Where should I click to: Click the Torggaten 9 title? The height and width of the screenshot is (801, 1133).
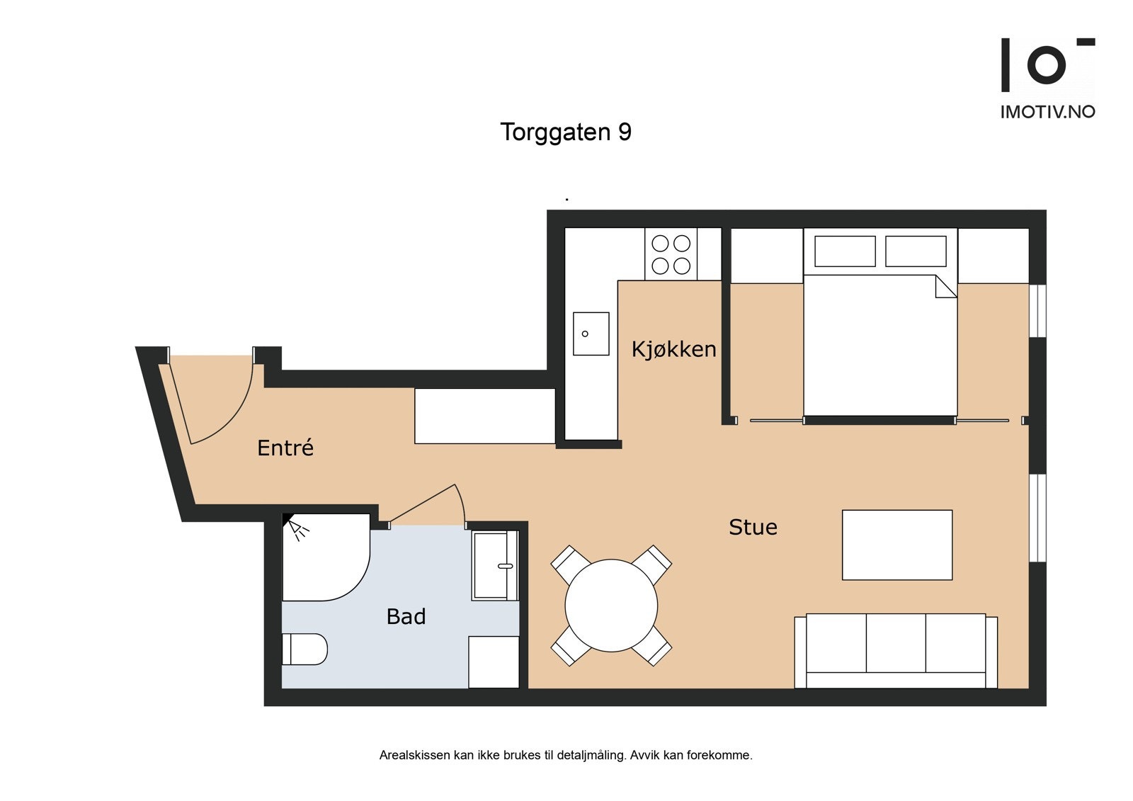click(x=566, y=132)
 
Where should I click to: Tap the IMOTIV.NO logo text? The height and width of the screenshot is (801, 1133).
click(x=1048, y=112)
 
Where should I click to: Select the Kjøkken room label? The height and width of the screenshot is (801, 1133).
click(x=673, y=349)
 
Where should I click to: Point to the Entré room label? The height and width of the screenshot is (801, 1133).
click(x=285, y=448)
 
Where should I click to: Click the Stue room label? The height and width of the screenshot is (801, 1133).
click(x=753, y=527)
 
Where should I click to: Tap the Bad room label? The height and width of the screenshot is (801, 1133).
click(x=406, y=616)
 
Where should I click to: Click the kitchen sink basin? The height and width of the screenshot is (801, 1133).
click(x=591, y=334)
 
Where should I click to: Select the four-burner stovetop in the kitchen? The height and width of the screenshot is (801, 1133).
click(x=671, y=254)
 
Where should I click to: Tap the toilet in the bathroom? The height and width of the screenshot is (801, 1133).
click(x=304, y=649)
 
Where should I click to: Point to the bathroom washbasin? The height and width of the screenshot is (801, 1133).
click(x=495, y=565)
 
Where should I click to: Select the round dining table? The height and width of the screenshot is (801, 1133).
click(x=611, y=606)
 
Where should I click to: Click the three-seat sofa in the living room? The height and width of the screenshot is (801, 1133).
click(x=896, y=652)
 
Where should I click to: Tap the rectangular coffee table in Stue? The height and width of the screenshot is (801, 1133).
click(x=897, y=545)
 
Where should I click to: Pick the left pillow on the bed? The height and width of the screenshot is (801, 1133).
click(x=845, y=251)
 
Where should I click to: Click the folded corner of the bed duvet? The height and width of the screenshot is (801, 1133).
click(x=946, y=286)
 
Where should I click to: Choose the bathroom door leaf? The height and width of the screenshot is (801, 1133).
click(x=422, y=504)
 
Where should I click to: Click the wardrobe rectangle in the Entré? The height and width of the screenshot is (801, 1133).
click(x=485, y=416)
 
